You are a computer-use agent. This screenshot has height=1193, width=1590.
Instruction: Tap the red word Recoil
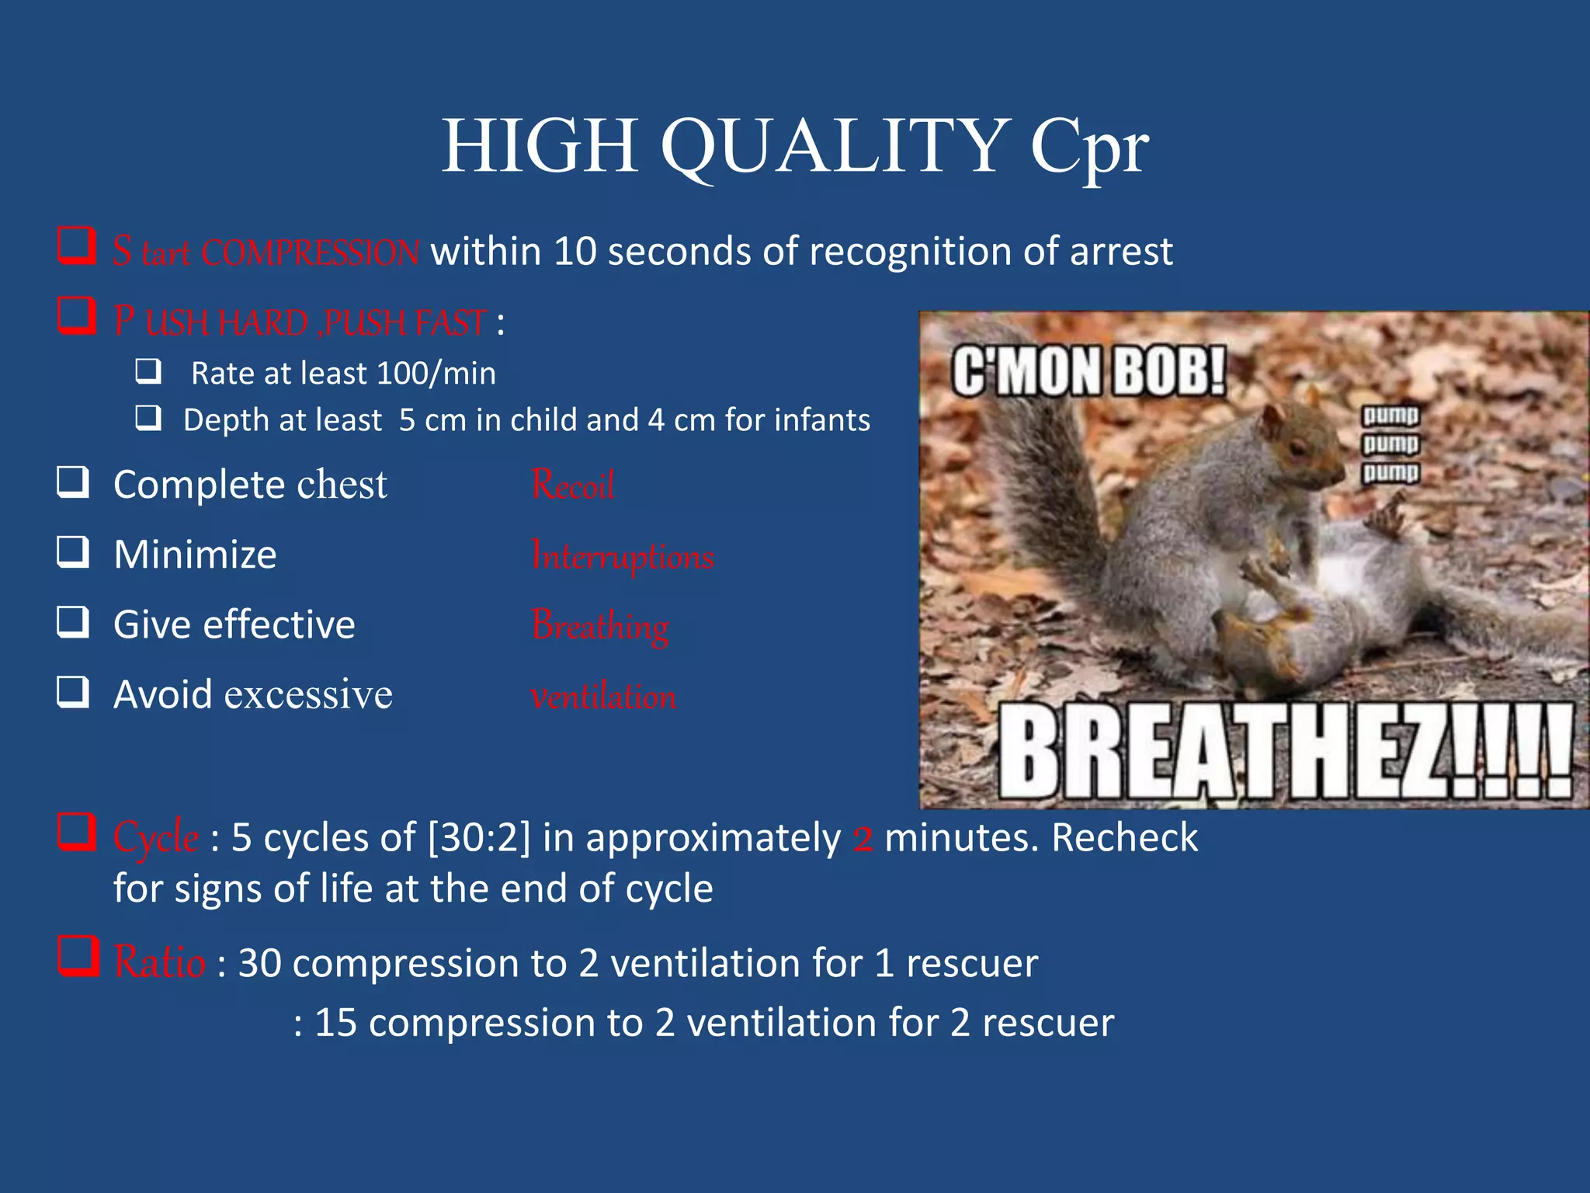coord(573,485)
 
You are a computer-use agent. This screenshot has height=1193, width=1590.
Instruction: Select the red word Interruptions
coord(623,556)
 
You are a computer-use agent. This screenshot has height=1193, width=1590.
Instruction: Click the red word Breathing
coord(600,626)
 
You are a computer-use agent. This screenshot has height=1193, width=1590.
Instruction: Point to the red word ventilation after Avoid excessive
coord(603,696)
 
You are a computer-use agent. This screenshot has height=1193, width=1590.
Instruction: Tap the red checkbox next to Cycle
coord(77,833)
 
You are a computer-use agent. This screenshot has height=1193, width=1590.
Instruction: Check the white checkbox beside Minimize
coord(74,552)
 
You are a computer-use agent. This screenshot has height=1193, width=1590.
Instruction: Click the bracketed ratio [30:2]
coord(479,838)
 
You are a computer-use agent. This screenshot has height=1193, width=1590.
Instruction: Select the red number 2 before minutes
coord(862,839)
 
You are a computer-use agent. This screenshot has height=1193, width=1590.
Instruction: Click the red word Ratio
coord(160,962)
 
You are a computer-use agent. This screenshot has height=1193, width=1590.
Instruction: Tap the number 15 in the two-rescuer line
coord(335,1023)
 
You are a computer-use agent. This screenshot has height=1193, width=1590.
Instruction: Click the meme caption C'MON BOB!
coord(1088,371)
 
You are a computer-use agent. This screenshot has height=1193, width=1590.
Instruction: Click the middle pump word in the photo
coord(1390,444)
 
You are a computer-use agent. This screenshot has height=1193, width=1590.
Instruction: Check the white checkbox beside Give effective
coord(74,622)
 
